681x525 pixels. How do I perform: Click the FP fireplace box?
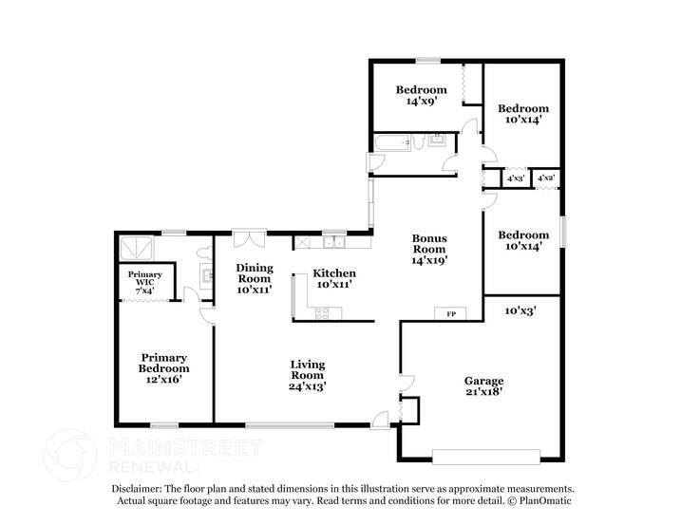pos(450,312)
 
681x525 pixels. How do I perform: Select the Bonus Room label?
pos(428,248)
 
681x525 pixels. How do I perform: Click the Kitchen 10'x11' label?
pos(335,278)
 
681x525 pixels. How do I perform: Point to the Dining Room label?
pos(255,278)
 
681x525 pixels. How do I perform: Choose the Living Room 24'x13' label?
pos(308,375)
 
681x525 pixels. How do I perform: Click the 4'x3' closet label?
pos(516,178)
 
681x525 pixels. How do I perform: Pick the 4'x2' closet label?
pos(546,178)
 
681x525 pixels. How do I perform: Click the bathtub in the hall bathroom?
pos(390,143)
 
